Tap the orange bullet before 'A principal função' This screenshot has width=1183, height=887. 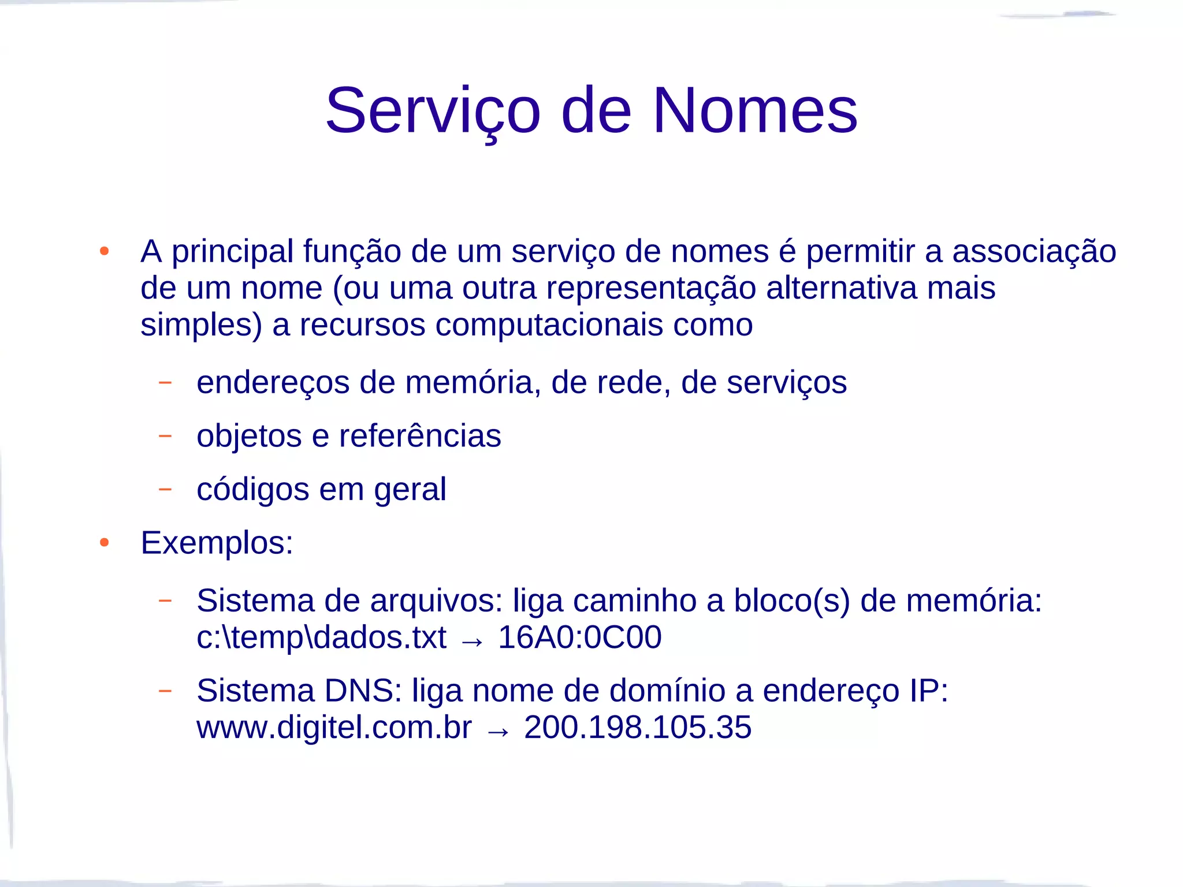(105, 251)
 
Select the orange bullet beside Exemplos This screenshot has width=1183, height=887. (105, 542)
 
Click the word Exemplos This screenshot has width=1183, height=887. (217, 543)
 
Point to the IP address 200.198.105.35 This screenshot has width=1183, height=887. (638, 727)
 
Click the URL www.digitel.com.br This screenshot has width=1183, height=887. (334, 727)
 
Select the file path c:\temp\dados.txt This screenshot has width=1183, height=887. (321, 638)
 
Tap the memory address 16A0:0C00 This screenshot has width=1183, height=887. (579, 638)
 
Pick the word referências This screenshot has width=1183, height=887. (420, 436)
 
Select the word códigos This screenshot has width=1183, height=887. (252, 490)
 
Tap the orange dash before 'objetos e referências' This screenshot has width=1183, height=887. (165, 435)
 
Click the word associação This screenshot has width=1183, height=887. (1034, 252)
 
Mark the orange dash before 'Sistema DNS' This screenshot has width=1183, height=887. (165, 690)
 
